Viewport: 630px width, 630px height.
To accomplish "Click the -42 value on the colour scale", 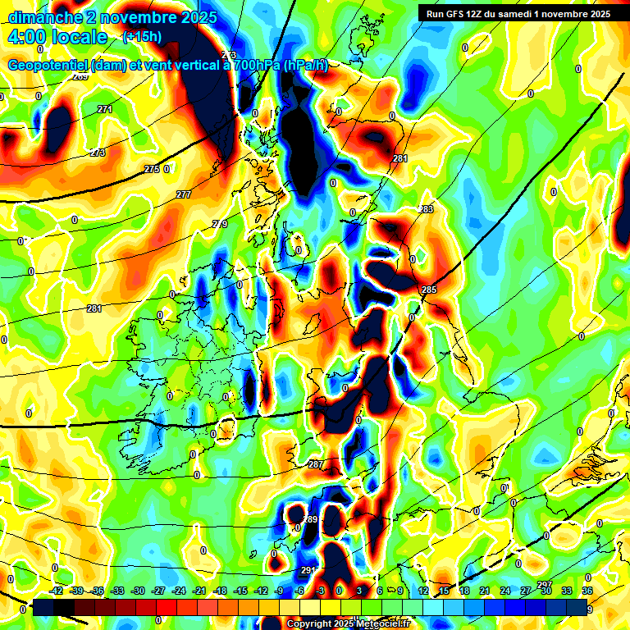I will click(57, 591).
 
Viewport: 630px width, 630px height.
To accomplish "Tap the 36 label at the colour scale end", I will click(587, 591).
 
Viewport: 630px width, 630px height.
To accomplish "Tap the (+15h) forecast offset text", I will click(142, 36).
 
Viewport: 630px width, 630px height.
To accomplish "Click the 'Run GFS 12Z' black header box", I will click(518, 13).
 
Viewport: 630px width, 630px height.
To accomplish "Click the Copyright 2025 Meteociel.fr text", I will click(349, 623).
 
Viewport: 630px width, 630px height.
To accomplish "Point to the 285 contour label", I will click(429, 290).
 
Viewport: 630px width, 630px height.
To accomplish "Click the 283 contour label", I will click(427, 210).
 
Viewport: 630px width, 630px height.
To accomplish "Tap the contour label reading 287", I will click(316, 464).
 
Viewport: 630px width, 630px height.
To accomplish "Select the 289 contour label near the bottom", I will click(310, 520).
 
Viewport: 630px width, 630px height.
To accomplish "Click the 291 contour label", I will click(308, 570).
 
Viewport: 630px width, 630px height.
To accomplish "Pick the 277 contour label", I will click(183, 194).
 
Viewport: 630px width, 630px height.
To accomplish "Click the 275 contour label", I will click(152, 169).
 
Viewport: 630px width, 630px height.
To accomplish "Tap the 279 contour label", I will click(220, 224).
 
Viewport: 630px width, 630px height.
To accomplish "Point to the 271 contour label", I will click(104, 109).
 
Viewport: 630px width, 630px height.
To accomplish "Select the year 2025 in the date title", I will click(199, 16).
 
